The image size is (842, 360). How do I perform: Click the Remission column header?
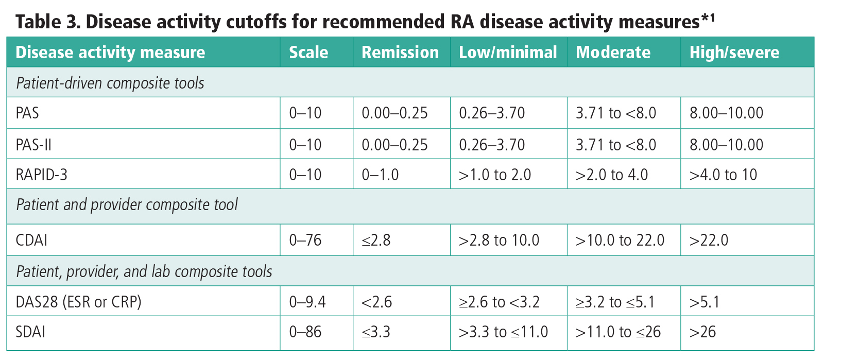point(400,53)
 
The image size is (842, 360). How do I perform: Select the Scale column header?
point(308,53)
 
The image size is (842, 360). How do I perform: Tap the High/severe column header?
point(734,53)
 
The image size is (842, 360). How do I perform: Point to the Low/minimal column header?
point(508,53)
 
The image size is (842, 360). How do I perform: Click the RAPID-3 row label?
point(41,175)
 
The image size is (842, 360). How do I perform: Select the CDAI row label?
point(31,241)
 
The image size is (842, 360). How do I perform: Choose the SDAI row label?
point(30,332)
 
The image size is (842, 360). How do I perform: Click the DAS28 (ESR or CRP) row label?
point(78,302)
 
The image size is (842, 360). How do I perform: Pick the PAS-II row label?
point(33,145)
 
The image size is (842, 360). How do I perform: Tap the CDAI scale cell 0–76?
point(305,241)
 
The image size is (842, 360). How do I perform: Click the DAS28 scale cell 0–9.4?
point(307,302)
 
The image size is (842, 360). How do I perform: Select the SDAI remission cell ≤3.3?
point(376,332)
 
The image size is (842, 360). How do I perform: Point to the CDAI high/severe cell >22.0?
point(709,241)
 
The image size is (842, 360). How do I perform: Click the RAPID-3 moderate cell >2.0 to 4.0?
point(611,175)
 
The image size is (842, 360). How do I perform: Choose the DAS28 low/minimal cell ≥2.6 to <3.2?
point(499,302)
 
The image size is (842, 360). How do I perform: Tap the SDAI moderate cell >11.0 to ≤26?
point(618,332)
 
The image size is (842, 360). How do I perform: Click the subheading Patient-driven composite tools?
point(110,83)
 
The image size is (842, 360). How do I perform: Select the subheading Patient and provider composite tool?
point(127,205)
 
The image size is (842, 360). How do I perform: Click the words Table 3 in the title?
point(46,22)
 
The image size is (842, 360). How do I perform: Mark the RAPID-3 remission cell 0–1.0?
point(380,175)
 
